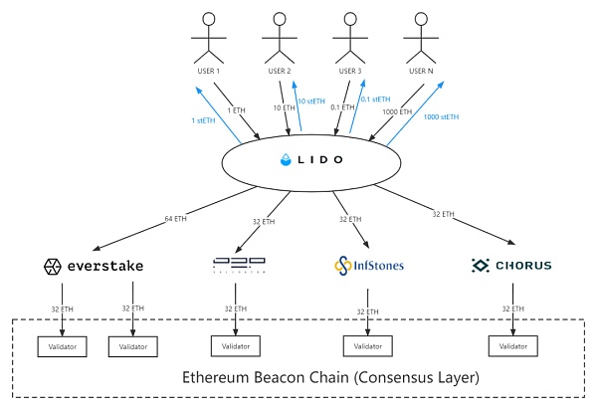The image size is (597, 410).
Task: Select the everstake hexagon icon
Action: coord(52,266)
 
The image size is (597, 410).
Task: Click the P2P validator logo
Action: coord(240,266)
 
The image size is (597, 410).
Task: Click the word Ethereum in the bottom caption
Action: coord(220,379)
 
